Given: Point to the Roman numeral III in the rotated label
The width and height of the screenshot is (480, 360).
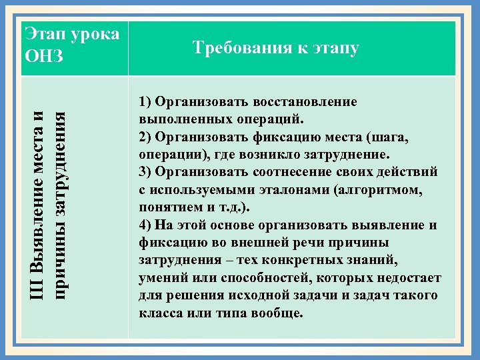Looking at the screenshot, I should point(39,285).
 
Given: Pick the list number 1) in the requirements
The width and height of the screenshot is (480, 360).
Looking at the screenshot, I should point(146,102).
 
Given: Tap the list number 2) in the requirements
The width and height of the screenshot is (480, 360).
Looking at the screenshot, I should point(146,137).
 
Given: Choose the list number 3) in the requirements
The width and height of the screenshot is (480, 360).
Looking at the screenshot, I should point(146,171).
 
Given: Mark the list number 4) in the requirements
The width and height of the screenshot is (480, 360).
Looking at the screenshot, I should point(146,224).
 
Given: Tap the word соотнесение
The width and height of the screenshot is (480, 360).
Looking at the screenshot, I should point(289,171).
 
